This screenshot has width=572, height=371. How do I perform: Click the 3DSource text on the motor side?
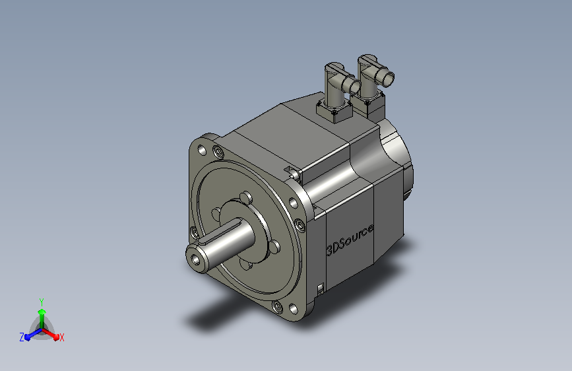[350, 240]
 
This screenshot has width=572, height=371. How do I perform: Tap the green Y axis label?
[42, 302]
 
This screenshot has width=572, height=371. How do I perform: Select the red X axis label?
[61, 337]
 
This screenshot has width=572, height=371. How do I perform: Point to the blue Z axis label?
[22, 337]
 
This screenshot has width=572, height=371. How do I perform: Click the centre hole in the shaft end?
[196, 259]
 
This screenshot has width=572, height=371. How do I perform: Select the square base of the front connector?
[334, 111]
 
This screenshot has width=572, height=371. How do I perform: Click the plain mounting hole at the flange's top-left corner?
[202, 149]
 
